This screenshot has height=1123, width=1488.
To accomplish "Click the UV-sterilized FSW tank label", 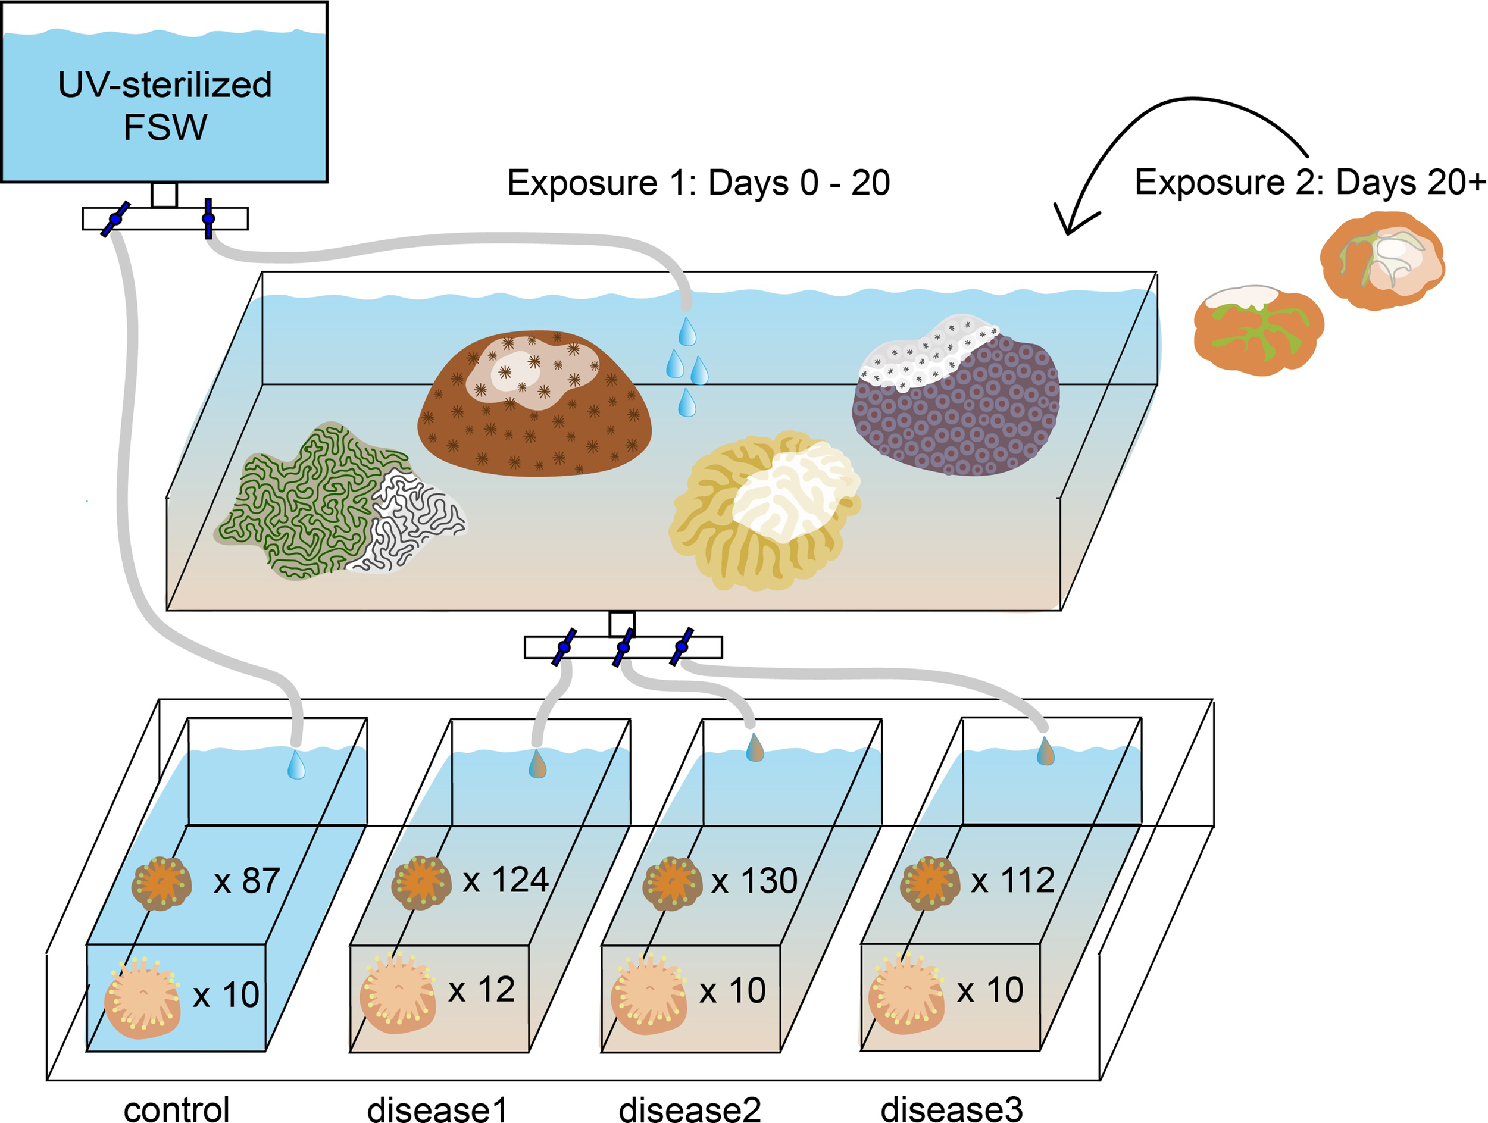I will [165, 105].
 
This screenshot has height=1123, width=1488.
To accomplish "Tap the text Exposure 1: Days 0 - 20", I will [698, 183].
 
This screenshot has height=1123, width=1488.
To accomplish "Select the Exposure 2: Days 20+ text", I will [1309, 182].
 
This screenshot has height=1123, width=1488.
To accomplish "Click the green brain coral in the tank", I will [310, 501].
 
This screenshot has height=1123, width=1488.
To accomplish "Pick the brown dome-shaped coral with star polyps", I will [535, 403].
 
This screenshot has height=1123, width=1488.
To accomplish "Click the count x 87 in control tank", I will [247, 881].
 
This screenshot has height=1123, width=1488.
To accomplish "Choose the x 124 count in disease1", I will [506, 880].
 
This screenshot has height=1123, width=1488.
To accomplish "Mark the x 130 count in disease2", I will [754, 881].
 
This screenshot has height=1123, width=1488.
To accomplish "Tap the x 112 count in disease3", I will [1012, 880].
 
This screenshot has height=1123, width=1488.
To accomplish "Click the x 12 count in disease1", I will [482, 990].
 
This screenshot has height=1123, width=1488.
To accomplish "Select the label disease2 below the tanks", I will [689, 1108].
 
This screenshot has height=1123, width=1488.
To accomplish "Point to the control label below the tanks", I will [177, 1108].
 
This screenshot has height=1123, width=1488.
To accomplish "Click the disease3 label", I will [951, 1108].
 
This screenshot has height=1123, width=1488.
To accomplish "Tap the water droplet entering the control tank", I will [296, 766].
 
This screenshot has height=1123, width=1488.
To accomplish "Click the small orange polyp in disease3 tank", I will [930, 883].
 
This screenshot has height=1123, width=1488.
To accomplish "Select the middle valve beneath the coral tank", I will [623, 647].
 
